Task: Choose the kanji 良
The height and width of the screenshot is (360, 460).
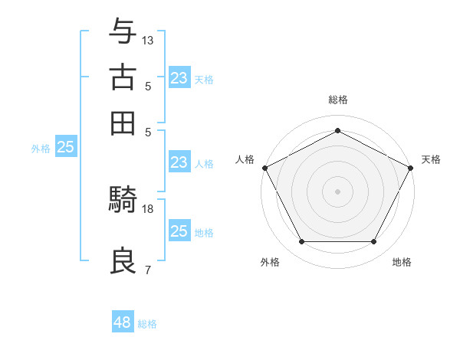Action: (x=123, y=262)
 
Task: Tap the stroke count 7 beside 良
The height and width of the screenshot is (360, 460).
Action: (x=147, y=270)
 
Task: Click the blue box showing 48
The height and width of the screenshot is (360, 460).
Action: (x=123, y=322)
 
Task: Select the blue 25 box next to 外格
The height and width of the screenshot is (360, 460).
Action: (x=66, y=148)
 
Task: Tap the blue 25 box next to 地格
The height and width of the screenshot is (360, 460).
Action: (x=179, y=232)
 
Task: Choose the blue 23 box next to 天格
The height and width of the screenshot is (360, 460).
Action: (x=179, y=78)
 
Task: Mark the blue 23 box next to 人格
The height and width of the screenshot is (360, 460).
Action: (x=179, y=162)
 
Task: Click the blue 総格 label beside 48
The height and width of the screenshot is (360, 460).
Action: (x=147, y=324)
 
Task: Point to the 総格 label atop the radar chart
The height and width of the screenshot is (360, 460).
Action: (x=338, y=100)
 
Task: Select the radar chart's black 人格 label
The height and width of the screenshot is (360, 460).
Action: (x=245, y=159)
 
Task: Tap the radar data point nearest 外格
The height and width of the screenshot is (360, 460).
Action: (x=301, y=242)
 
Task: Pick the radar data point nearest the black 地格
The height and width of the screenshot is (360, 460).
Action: (x=374, y=242)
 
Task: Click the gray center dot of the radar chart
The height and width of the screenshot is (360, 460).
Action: (x=338, y=191)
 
